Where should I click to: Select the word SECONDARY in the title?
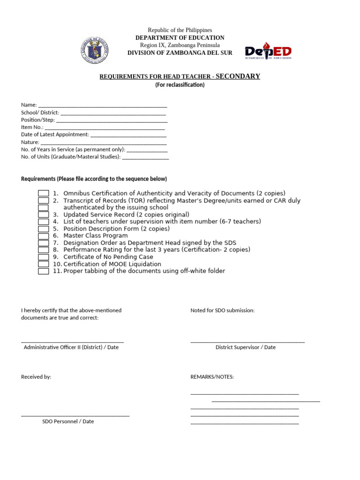pyautogui.click(x=238, y=76)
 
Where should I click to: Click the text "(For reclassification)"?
pyautogui.click(x=180, y=85)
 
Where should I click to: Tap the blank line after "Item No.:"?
pyautogui.click(x=105, y=127)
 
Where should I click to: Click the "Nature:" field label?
pyautogui.click(x=30, y=142)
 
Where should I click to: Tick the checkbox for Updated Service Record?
pyautogui.click(x=43, y=215)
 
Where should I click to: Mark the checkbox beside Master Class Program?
pyautogui.click(x=43, y=236)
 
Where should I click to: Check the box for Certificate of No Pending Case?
pyautogui.click(x=43, y=257)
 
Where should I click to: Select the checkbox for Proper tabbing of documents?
pyautogui.click(x=43, y=271)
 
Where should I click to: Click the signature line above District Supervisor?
pyautogui.click(x=247, y=342)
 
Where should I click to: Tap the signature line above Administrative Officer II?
pyautogui.click(x=72, y=342)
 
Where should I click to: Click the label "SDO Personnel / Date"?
pyautogui.click(x=68, y=421)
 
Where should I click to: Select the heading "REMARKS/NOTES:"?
pyautogui.click(x=212, y=377)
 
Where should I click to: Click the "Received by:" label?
pyautogui.click(x=36, y=377)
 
